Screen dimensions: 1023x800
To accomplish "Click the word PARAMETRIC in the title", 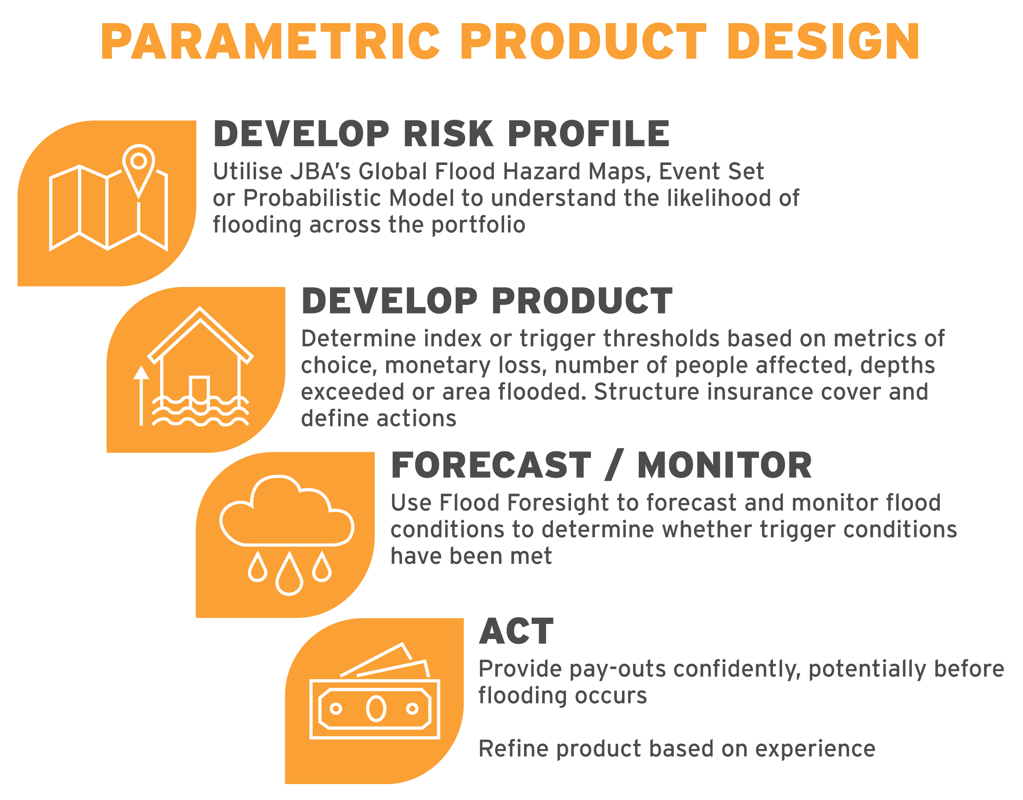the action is point(271,41).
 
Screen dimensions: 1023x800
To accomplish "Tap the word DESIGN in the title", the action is point(823,41).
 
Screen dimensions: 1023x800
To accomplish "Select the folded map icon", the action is point(109,197).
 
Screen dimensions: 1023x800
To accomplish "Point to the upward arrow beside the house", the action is point(141,396).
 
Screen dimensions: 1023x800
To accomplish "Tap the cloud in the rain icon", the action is point(287,510).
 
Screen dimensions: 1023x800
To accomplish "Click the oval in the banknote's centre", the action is point(376,709).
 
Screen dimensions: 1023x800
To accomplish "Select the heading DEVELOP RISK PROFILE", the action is point(442,133).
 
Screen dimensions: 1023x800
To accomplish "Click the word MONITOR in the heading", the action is point(724,465).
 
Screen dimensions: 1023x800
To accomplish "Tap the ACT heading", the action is point(516,631).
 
